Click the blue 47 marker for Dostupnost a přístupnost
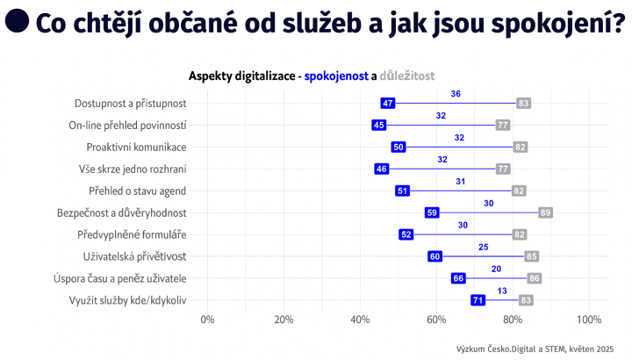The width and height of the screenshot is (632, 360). pyautogui.click(x=387, y=104)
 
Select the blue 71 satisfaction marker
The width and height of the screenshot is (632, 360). pyautogui.click(x=478, y=300)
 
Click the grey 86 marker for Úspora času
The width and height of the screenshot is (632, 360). pyautogui.click(x=535, y=278)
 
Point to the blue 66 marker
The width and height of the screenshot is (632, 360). pyautogui.click(x=458, y=278)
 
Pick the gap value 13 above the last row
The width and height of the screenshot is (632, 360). pyautogui.click(x=501, y=291)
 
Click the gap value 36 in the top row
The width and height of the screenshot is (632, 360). pyautogui.click(x=456, y=94)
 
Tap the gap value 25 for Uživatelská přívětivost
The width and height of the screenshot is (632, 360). pyautogui.click(x=484, y=247)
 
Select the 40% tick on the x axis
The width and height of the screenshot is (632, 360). pyautogui.click(x=360, y=319)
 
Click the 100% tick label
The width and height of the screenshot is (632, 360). pyautogui.click(x=588, y=319)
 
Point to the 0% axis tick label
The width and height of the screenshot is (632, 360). pyautogui.click(x=208, y=319)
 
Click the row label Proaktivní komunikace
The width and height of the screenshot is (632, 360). pyautogui.click(x=136, y=148)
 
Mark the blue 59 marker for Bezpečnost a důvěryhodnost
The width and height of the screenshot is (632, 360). pyautogui.click(x=432, y=212)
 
